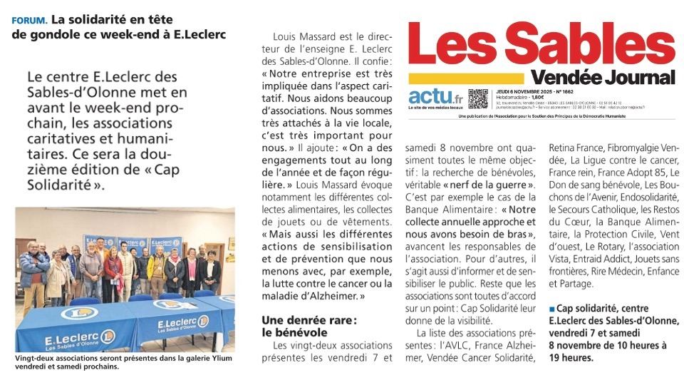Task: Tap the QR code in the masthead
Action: [x=478, y=98]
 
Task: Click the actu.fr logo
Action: [x=435, y=97]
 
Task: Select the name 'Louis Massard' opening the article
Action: [x=308, y=36]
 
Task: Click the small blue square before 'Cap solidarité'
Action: [x=551, y=309]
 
